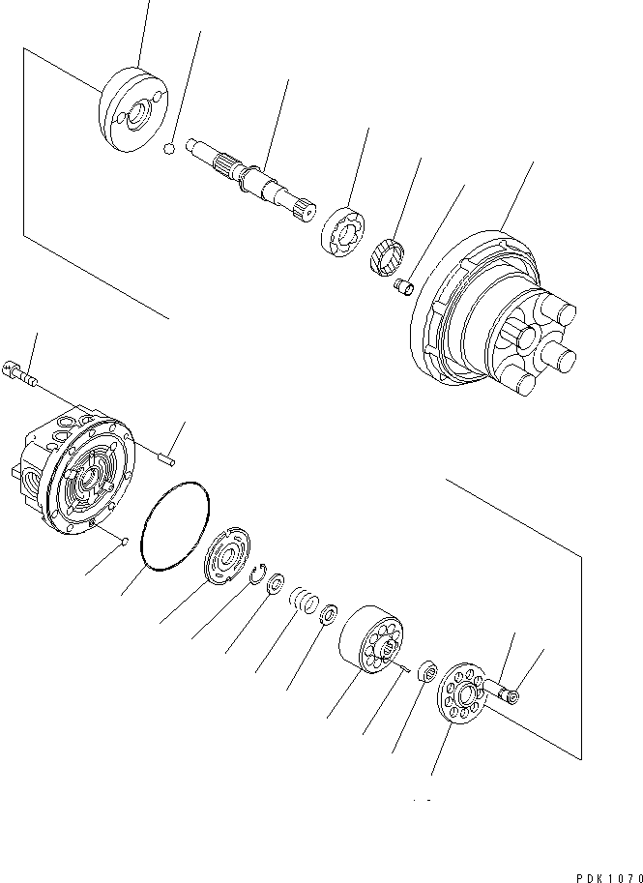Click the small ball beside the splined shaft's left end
tap(168, 149)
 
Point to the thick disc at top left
tap(133, 109)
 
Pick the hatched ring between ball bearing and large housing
tap(387, 258)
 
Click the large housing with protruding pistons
tap(493, 319)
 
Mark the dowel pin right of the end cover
tap(170, 447)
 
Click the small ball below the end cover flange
tap(127, 542)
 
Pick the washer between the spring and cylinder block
tap(329, 613)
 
